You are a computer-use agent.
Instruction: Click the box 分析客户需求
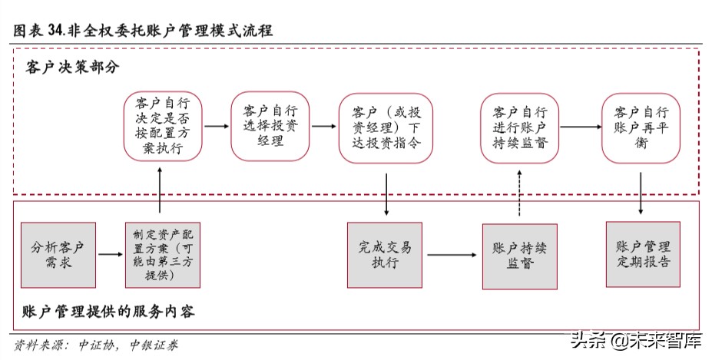pyautogui.click(x=58, y=254)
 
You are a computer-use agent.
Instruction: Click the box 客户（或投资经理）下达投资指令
pyautogui.click(x=385, y=127)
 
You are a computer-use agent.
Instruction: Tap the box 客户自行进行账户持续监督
pyautogui.click(x=520, y=127)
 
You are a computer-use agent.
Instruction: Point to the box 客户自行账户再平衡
pyautogui.click(x=641, y=127)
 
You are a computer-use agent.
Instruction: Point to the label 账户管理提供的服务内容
pyautogui.click(x=108, y=312)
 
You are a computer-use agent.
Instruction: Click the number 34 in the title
pyautogui.click(x=55, y=31)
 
